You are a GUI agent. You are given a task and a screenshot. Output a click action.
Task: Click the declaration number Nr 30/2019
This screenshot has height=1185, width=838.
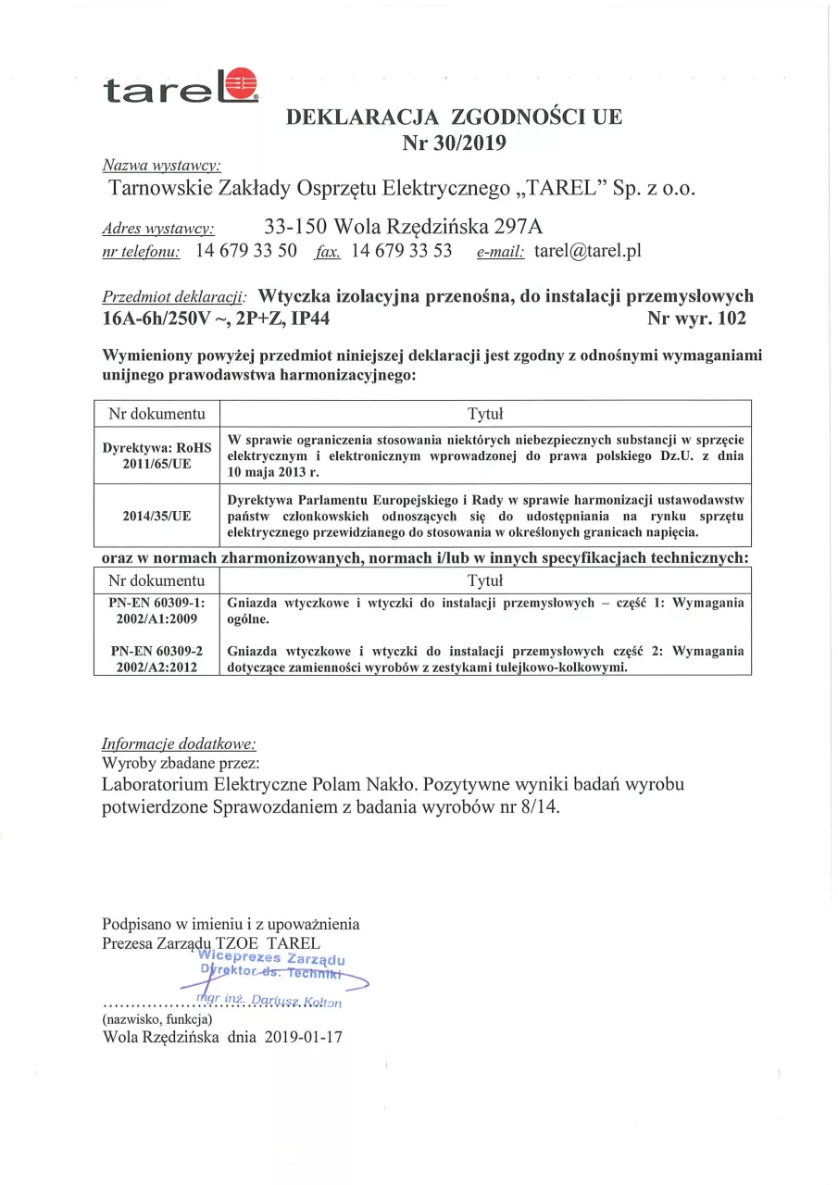(x=455, y=142)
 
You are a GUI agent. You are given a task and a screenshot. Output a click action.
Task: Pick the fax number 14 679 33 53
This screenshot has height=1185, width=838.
(x=402, y=251)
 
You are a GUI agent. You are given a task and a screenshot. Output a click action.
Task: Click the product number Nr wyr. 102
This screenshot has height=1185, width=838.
(x=697, y=319)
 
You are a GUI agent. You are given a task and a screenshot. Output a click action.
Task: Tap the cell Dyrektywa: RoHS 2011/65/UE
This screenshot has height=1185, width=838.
(x=156, y=455)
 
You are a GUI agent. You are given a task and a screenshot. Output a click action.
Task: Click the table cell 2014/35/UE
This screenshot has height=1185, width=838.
(x=156, y=516)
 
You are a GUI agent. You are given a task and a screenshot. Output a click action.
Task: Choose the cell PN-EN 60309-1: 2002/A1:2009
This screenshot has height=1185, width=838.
(x=156, y=610)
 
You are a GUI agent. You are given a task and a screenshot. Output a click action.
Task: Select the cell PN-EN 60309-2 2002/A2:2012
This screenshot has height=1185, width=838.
(x=156, y=658)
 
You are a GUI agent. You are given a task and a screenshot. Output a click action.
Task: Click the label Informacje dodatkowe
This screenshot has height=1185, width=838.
(x=179, y=743)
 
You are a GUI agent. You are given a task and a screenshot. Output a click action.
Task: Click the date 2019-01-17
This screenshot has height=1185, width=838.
(x=303, y=1038)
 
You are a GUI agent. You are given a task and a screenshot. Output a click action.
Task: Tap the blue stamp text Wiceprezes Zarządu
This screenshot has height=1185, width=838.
(x=272, y=958)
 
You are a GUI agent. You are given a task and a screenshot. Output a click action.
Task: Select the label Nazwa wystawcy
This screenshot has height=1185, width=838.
(x=160, y=166)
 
